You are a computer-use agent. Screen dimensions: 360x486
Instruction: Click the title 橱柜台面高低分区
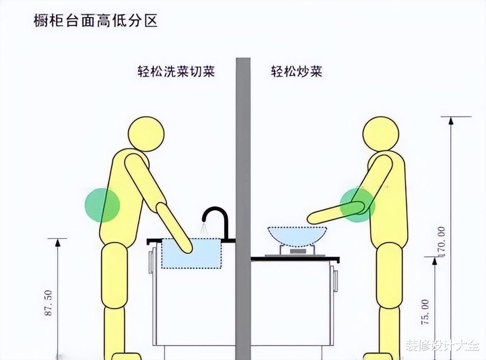coord(96,21)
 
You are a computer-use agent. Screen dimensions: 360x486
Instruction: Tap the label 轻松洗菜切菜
coord(176,71)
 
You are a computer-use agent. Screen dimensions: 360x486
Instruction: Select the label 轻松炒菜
coord(296,71)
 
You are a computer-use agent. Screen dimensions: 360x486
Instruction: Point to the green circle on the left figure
coord(102,205)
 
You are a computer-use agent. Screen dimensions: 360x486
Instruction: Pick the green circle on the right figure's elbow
coord(357,204)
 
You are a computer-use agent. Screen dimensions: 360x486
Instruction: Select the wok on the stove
coord(297,235)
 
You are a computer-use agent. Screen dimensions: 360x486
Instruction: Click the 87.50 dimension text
coord(49,303)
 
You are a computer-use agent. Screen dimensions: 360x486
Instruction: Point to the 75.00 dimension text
coord(425,312)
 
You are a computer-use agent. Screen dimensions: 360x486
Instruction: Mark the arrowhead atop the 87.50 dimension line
coord(57,242)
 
